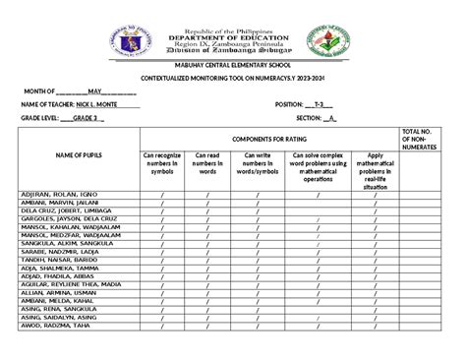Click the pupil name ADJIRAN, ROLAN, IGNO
(x=58, y=195)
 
